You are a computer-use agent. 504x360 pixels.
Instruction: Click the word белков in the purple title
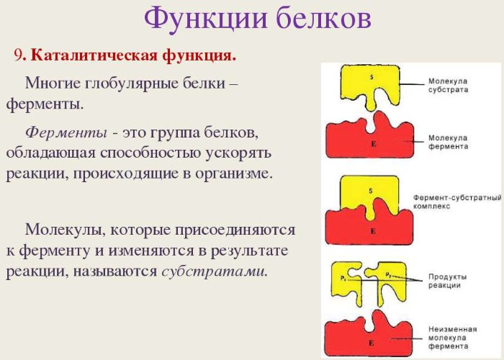322,19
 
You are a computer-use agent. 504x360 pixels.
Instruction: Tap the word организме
233,174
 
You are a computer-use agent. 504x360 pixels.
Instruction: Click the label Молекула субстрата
448,86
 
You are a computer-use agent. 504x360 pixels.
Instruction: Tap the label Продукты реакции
448,281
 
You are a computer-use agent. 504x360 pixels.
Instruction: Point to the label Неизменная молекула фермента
449,337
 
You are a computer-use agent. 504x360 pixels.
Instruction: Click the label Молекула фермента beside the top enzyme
448,142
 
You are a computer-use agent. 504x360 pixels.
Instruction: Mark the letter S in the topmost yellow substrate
372,76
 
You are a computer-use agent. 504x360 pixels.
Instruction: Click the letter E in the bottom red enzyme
372,344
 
